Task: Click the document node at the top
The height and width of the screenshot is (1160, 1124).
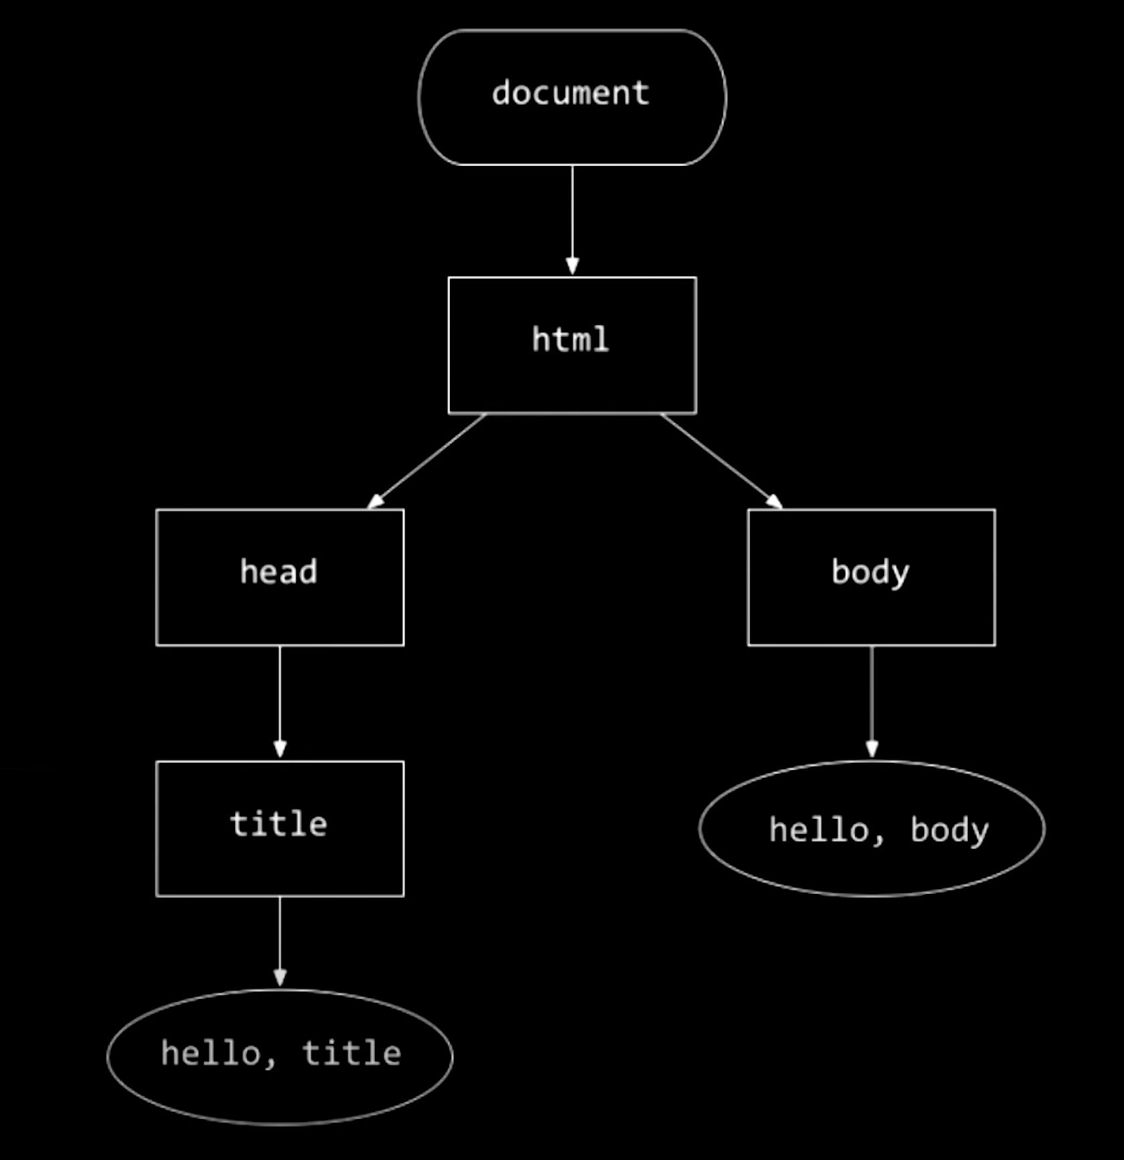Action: pyautogui.click(x=572, y=97)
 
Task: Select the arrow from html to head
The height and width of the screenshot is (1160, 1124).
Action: pyautogui.click(x=429, y=459)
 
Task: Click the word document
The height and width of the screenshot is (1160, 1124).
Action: pyautogui.click(x=571, y=92)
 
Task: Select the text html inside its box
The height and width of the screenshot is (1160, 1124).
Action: pyautogui.click(x=571, y=340)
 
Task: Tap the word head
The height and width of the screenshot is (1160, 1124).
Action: pyautogui.click(x=279, y=572)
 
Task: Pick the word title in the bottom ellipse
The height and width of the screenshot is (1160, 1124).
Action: pyautogui.click(x=352, y=1054)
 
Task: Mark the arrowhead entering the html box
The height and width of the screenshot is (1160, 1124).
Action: pyautogui.click(x=572, y=266)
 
